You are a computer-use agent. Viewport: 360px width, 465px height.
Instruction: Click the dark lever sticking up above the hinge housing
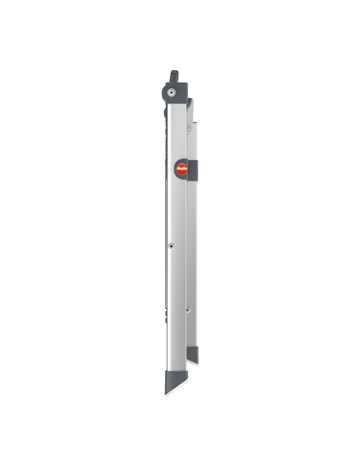coord(173,76)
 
